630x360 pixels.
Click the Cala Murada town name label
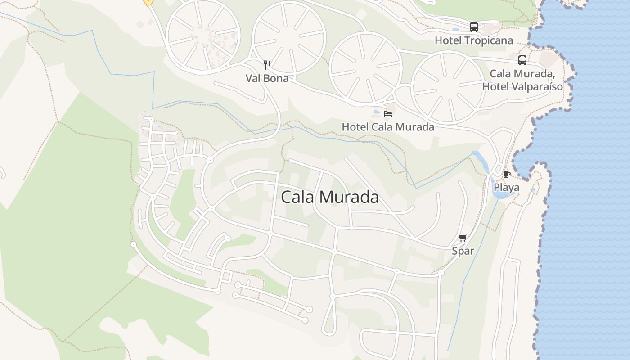coord(330,197)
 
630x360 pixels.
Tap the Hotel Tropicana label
coord(474,40)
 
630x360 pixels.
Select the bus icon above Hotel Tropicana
coord(474,27)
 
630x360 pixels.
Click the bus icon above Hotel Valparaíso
coord(522,60)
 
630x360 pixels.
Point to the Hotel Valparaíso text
coord(522,86)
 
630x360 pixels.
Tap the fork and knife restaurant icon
coord(267,65)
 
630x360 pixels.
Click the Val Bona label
coord(267,78)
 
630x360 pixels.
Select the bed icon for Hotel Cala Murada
coord(388,114)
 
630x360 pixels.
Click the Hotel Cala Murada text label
coord(388,127)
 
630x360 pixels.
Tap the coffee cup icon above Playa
coord(506,174)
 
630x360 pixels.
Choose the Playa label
coord(506,187)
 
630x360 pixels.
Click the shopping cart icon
coord(463,238)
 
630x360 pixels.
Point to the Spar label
coord(463,251)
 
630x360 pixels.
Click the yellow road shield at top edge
coord(148,2)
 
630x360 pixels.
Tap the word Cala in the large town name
coord(297,197)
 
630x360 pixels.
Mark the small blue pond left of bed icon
coord(377,112)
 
